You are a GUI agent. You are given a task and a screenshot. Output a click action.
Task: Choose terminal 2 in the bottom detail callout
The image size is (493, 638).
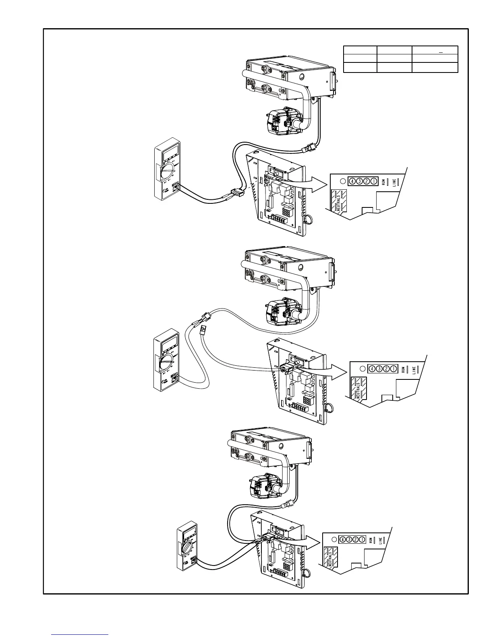click(356, 539)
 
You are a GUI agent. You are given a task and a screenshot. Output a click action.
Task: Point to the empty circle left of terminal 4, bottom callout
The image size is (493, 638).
click(333, 540)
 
